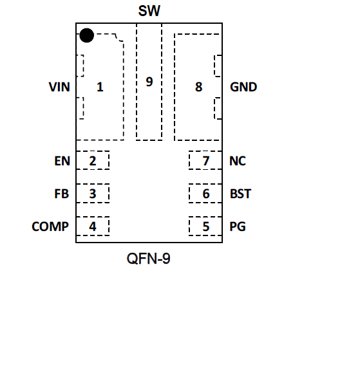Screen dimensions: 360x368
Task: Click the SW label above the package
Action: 149,11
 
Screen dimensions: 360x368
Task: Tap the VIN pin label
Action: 59,87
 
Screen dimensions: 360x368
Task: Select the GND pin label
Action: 243,87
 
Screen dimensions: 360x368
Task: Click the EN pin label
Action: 62,161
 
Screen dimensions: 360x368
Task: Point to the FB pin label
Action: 62,194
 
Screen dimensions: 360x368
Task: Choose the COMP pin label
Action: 50,226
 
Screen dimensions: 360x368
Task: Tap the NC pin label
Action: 238,161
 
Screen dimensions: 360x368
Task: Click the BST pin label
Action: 240,194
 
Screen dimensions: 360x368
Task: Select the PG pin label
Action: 238,226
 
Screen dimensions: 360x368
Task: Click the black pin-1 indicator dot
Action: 87,35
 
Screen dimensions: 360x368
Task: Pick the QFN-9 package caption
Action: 149,259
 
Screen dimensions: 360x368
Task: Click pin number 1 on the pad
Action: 100,87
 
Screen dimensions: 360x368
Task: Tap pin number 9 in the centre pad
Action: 149,82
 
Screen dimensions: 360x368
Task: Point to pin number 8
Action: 199,87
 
